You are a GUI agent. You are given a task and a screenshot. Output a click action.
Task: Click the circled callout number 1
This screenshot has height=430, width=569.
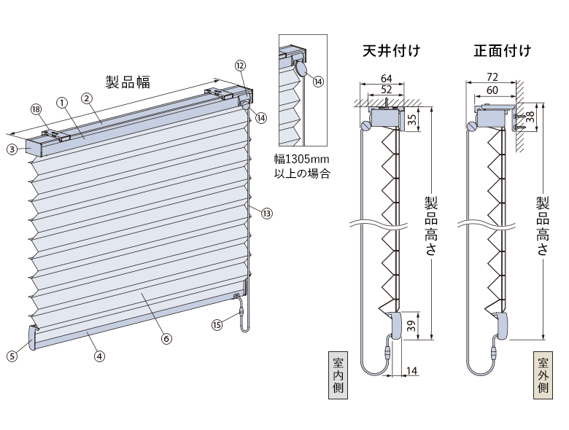(x=62, y=103)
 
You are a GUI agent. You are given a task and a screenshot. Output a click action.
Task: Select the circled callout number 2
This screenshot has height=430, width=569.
(x=87, y=98)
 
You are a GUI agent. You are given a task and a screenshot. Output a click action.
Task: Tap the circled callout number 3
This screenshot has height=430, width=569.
(x=12, y=149)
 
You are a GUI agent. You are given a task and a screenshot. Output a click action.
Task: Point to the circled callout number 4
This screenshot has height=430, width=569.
(x=99, y=356)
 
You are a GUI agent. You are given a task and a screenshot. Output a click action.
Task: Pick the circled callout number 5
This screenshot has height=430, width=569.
(x=12, y=356)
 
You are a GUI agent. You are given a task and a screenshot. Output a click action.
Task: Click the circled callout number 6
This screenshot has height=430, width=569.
(x=166, y=338)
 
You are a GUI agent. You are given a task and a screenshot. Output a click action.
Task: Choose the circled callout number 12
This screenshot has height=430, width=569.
(x=240, y=66)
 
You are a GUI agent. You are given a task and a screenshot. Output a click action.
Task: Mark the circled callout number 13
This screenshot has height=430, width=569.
(x=267, y=214)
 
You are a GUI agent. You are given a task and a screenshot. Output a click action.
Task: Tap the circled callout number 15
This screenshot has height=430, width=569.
(x=217, y=324)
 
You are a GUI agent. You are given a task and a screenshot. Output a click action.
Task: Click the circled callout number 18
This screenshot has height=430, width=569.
(x=36, y=109)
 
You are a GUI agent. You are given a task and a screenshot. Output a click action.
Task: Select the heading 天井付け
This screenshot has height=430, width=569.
(x=391, y=50)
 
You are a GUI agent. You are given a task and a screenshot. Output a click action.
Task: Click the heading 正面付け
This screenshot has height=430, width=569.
(x=502, y=50)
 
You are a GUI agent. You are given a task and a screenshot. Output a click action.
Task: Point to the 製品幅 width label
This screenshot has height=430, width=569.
(x=128, y=82)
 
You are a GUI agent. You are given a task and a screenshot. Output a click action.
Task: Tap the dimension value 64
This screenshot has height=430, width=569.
(x=387, y=78)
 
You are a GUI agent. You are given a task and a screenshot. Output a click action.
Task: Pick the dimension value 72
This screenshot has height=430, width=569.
(x=492, y=77)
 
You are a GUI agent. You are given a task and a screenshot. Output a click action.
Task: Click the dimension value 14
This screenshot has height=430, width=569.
(x=411, y=370)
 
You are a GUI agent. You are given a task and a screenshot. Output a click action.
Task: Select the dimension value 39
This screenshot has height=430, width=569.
(x=411, y=326)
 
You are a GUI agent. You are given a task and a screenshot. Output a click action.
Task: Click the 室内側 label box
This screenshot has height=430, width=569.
(x=338, y=375)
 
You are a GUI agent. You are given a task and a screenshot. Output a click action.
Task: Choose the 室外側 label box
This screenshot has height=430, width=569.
(x=543, y=375)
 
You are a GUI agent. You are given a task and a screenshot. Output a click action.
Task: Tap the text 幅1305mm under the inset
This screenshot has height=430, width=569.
(x=301, y=159)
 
